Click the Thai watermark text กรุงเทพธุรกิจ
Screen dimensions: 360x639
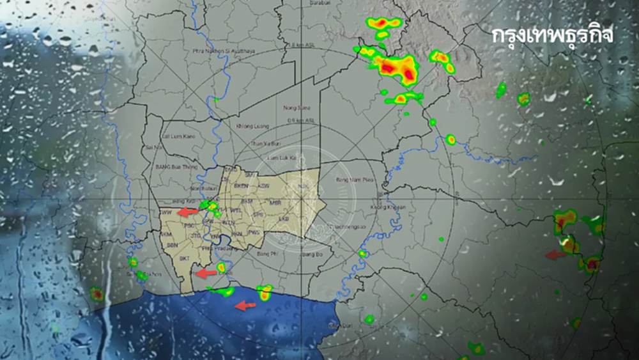coord(553,36)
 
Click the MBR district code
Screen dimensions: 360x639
coord(275,203)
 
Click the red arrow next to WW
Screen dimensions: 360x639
coord(188,212)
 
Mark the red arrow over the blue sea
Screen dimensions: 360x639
coord(245,306)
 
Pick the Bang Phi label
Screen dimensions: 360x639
coord(266,254)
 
